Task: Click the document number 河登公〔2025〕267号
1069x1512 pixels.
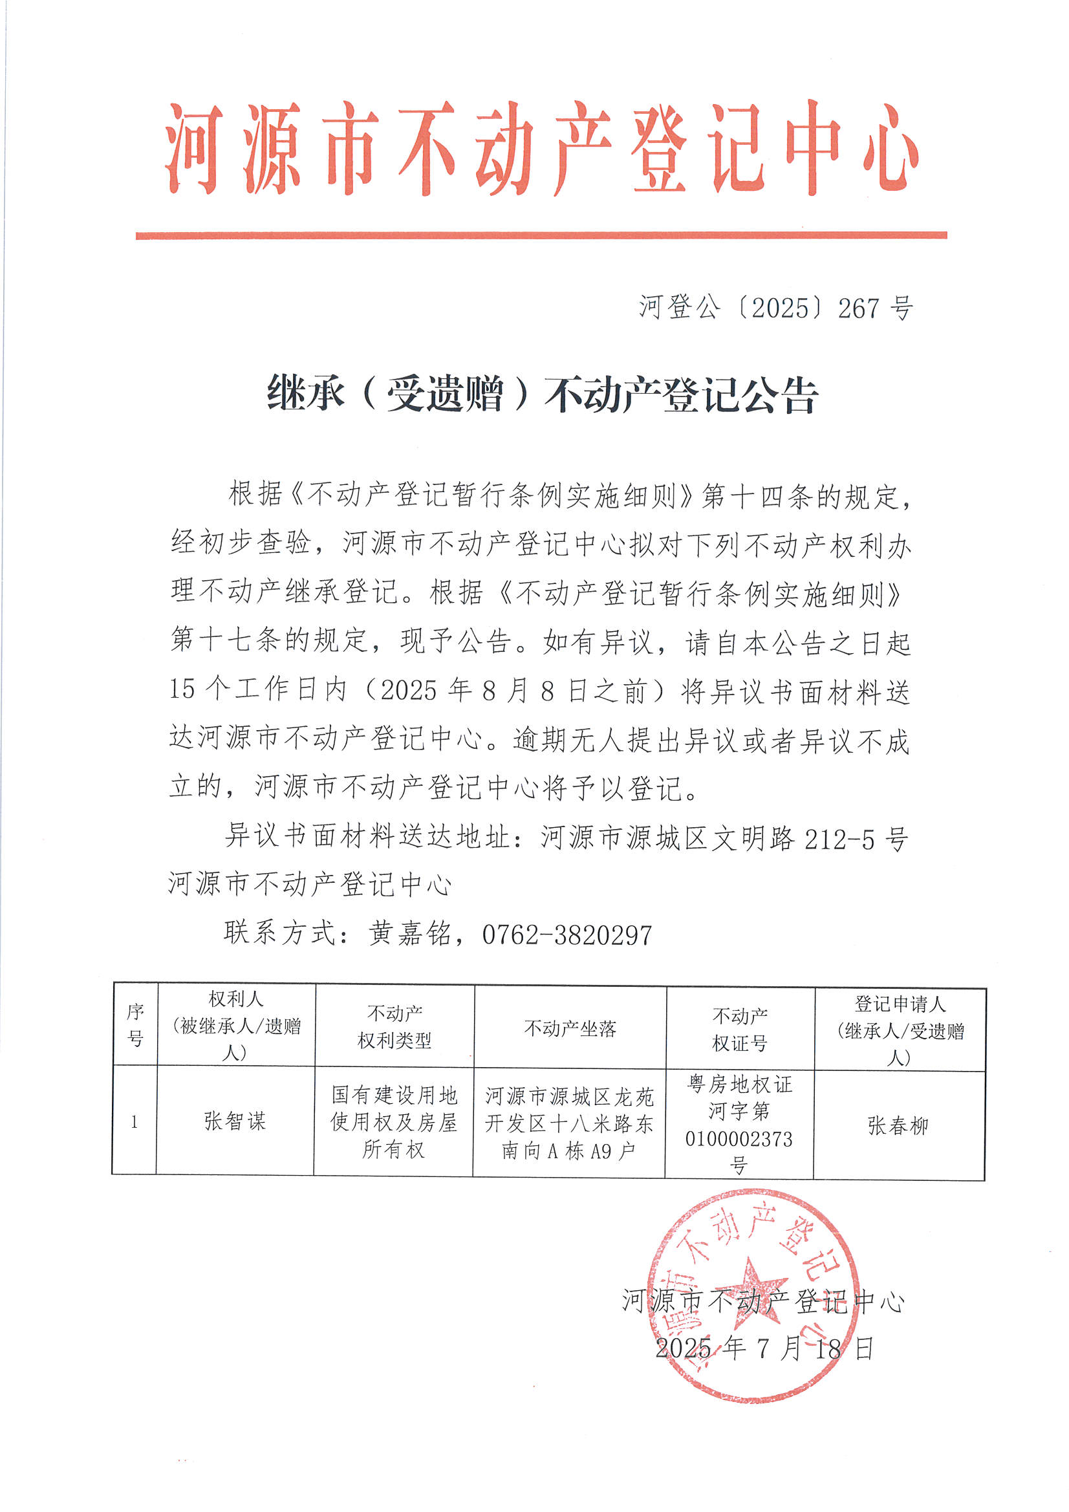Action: pos(775,308)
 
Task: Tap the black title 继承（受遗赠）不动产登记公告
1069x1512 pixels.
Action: pos(541,394)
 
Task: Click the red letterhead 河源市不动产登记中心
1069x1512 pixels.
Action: pos(541,148)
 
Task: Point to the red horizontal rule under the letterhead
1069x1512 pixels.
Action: pos(541,235)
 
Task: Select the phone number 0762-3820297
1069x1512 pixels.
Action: pos(567,935)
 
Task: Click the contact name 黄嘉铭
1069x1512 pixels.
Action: pos(409,934)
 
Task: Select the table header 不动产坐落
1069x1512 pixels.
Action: pos(570,1029)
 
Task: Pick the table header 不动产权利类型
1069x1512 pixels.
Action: pos(394,1028)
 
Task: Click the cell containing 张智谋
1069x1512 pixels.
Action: pos(235,1121)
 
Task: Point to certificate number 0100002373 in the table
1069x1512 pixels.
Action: pos(739,1139)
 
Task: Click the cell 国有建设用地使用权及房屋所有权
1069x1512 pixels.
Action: pos(393,1122)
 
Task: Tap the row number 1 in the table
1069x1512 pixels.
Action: pos(135,1122)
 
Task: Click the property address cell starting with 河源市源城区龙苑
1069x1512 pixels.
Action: pos(569,1123)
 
